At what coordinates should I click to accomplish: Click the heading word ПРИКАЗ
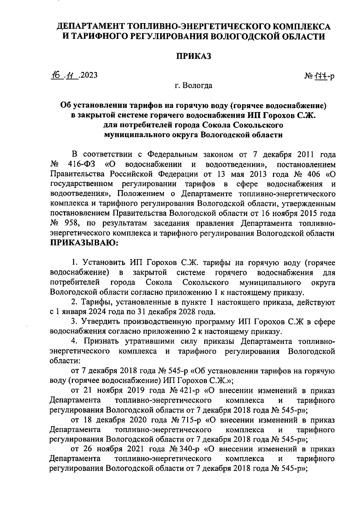(x=193, y=56)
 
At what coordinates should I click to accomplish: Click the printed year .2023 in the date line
(x=88, y=75)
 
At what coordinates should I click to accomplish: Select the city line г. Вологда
(x=194, y=86)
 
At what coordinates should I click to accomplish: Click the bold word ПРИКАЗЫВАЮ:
(x=84, y=243)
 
